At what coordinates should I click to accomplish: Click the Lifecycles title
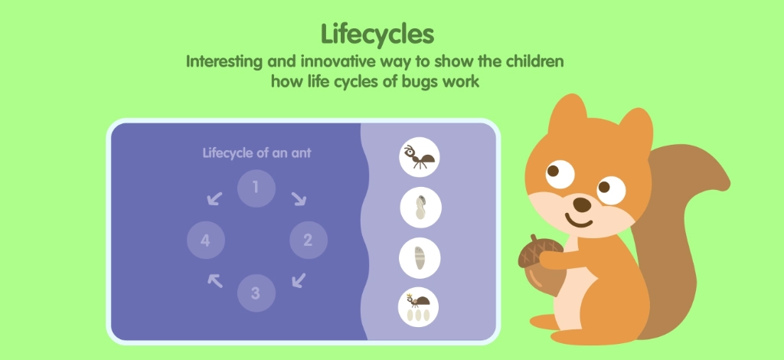coord(377,34)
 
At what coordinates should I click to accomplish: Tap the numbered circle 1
coord(256,188)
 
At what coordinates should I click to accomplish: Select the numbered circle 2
coord(308,241)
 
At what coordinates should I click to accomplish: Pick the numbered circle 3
coord(256,293)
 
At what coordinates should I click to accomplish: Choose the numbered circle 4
coord(205,241)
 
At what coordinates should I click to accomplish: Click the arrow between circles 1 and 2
coord(298,198)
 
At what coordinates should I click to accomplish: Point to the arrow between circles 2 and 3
coord(298,281)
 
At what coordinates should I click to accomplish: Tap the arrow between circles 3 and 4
coord(215,280)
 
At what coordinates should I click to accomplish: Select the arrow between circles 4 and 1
coord(214,199)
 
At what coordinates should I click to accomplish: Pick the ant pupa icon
coord(420,208)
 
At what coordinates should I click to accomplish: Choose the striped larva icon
coord(420,257)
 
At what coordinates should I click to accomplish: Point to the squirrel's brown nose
coord(583,205)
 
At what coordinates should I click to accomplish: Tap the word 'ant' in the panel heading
coord(299,152)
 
